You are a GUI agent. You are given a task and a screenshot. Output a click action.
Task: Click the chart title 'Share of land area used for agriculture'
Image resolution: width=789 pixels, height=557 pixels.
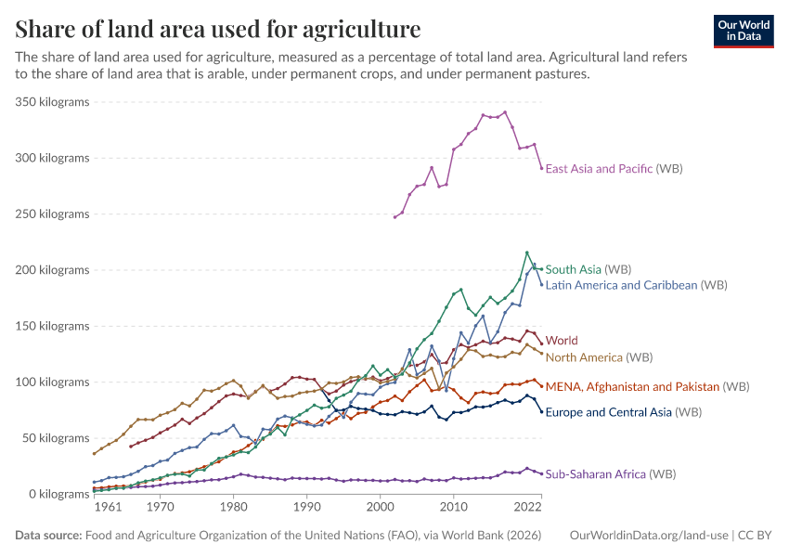coord(217,29)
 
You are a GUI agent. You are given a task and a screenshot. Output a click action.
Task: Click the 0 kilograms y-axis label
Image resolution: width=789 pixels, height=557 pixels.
coord(58,494)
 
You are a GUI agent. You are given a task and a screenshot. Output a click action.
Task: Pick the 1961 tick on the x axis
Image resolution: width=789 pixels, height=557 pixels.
coord(107,508)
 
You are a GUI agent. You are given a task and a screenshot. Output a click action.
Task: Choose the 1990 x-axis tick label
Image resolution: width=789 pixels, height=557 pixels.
coord(306,508)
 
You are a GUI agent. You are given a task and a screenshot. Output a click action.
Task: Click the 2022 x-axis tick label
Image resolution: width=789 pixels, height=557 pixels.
coord(526,508)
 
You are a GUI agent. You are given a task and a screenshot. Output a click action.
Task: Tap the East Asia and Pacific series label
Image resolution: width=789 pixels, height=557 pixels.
coord(599,169)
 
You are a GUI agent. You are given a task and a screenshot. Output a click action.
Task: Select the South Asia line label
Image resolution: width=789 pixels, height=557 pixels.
coord(574,269)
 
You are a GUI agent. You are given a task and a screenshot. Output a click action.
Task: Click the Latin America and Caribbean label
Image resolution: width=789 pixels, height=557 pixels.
coord(621,285)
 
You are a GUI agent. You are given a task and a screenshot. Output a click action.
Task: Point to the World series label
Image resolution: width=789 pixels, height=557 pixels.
coord(562,341)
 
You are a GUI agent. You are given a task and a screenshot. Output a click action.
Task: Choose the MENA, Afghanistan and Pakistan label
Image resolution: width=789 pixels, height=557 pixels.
coord(632,386)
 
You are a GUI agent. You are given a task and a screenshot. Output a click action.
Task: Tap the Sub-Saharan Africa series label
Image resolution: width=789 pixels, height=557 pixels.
coord(595,474)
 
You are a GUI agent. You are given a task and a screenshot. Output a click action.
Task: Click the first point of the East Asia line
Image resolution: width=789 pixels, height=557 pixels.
coord(394,217)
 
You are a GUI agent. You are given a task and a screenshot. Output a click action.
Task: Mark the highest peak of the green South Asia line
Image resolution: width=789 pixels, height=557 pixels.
coord(527,253)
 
